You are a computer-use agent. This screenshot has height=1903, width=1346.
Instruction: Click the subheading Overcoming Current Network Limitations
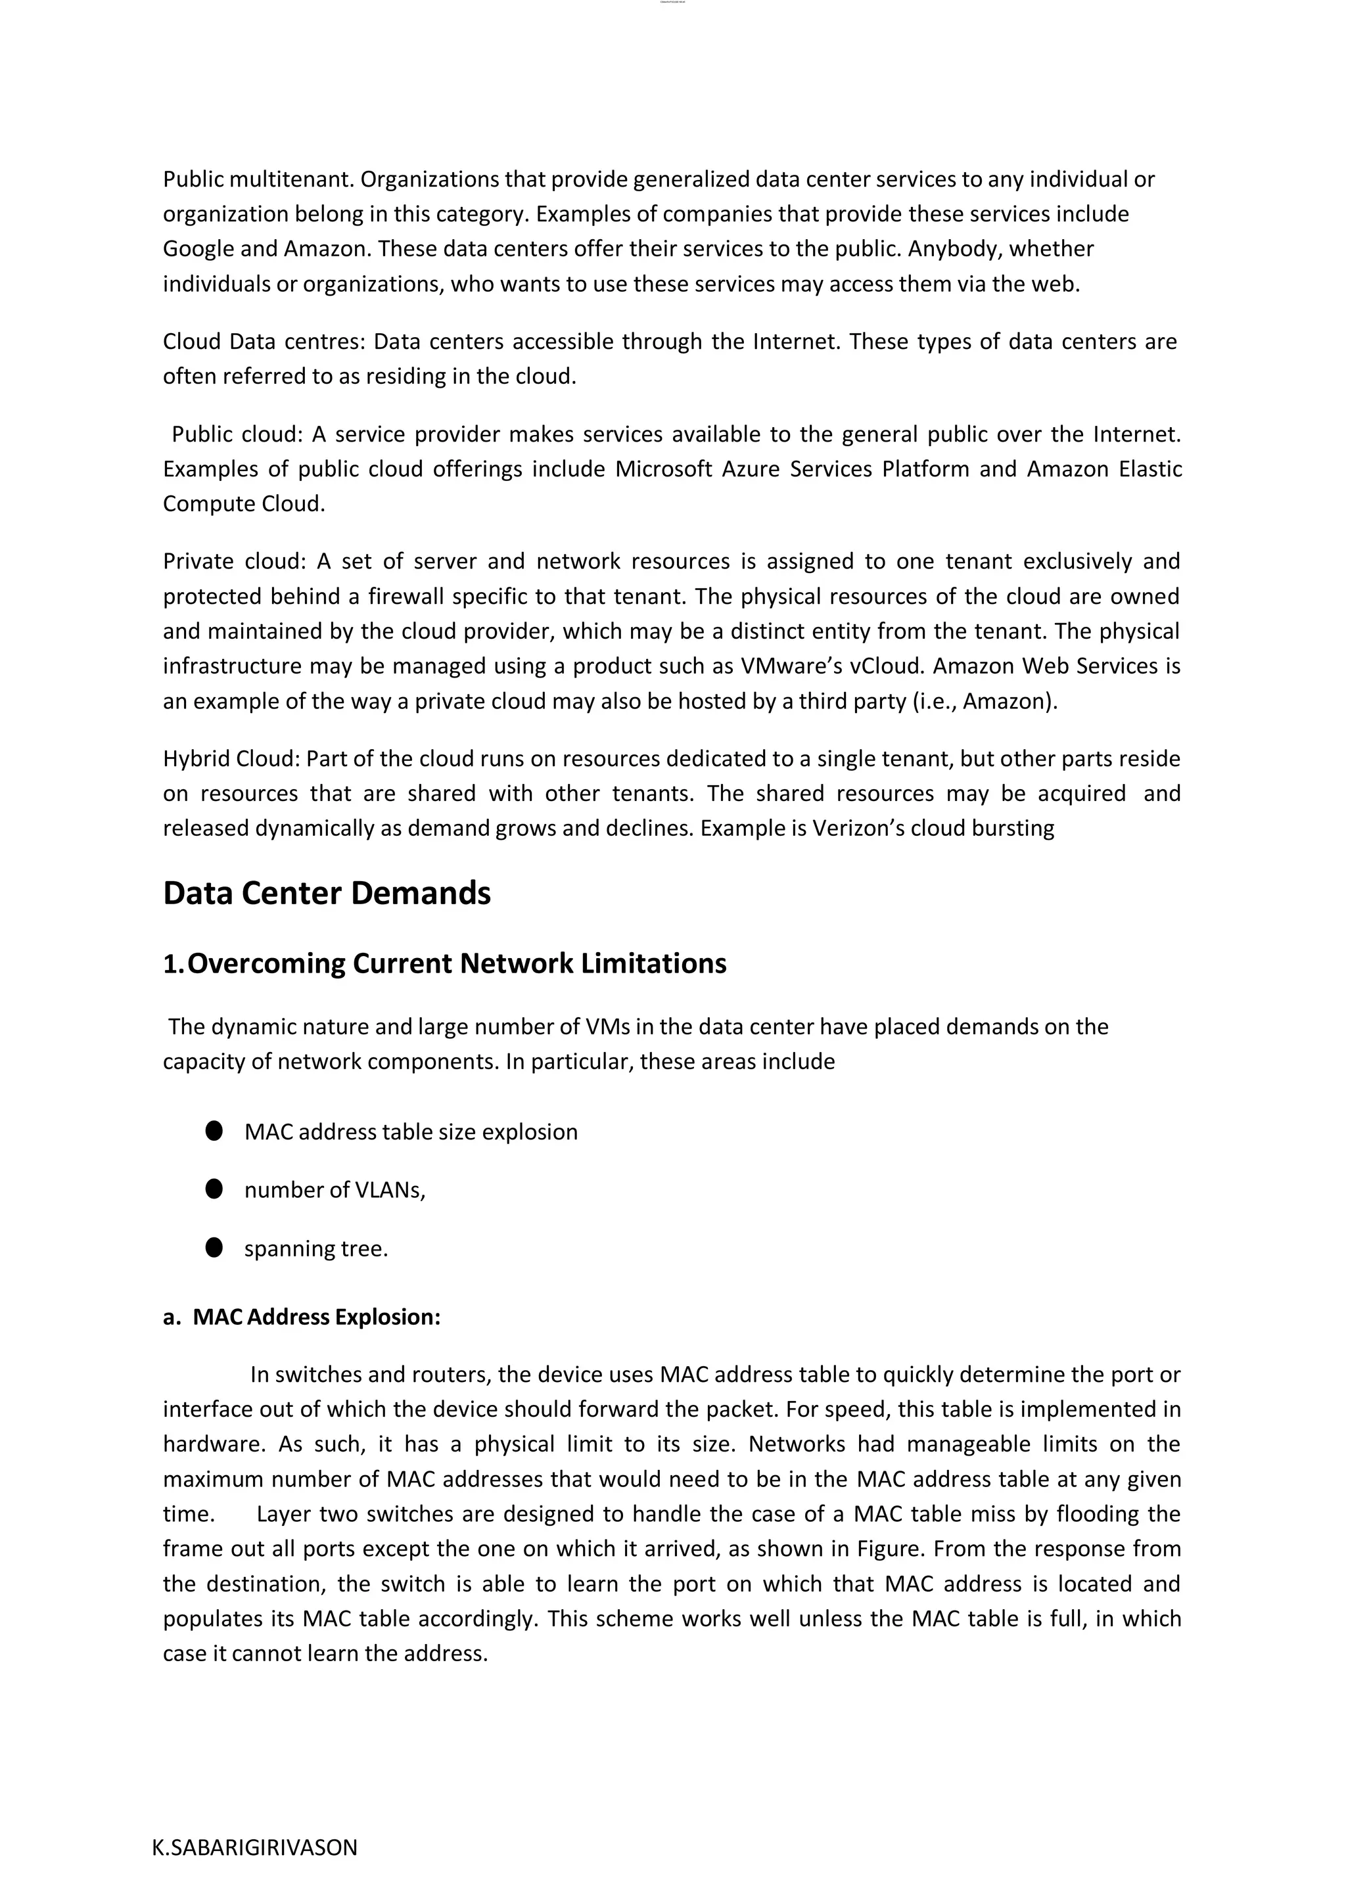[457, 963]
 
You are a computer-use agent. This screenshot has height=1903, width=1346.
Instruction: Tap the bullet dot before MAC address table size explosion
[214, 1132]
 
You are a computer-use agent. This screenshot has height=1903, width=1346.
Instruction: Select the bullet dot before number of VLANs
[214, 1189]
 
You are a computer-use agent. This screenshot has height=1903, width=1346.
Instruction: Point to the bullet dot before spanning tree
[214, 1247]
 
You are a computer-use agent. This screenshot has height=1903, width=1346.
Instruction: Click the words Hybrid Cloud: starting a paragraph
[231, 758]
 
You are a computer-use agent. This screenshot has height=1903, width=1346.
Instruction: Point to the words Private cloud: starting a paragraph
[235, 561]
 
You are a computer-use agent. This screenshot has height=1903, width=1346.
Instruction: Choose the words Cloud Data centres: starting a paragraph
[264, 342]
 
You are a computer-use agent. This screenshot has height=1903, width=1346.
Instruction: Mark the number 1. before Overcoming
[174, 963]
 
